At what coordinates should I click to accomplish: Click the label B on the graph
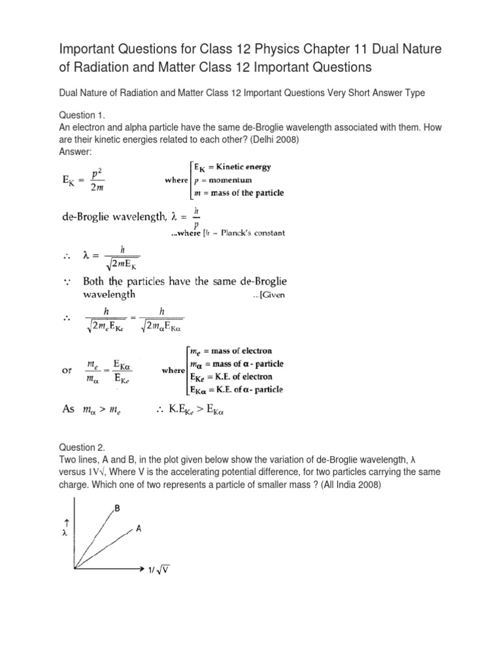[117, 508]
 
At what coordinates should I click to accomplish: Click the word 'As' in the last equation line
[69, 410]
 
